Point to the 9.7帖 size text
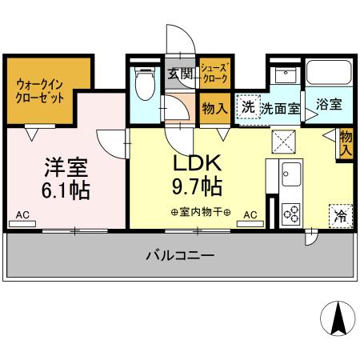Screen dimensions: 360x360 coord(199,187)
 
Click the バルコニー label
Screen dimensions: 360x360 coord(180,257)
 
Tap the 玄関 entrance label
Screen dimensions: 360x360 coord(180,74)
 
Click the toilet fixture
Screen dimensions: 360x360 coord(146,84)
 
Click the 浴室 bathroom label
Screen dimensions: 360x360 coord(328,104)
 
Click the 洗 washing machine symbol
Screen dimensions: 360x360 coord(248,107)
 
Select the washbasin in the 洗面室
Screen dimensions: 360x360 coord(283,77)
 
